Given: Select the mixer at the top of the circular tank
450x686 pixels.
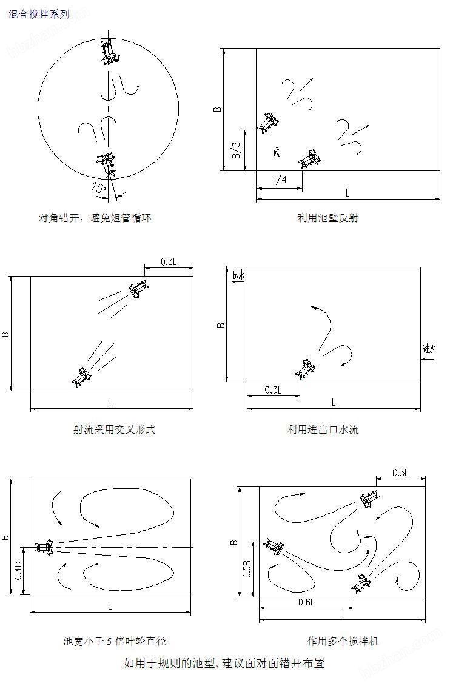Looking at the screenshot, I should (110, 53).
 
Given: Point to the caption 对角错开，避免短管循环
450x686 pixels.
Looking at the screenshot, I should (99, 217).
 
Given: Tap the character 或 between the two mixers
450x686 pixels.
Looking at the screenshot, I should (277, 152).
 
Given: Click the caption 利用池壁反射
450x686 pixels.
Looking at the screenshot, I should (327, 217).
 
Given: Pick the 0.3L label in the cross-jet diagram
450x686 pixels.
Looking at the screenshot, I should (169, 261).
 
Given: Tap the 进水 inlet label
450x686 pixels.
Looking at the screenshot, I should (429, 349).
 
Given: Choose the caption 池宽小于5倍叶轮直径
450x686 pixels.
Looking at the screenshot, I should (114, 641).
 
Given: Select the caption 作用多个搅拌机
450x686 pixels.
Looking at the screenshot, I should (343, 641).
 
